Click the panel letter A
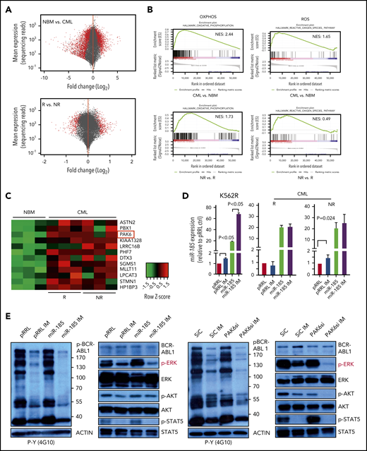tap(5, 6)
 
